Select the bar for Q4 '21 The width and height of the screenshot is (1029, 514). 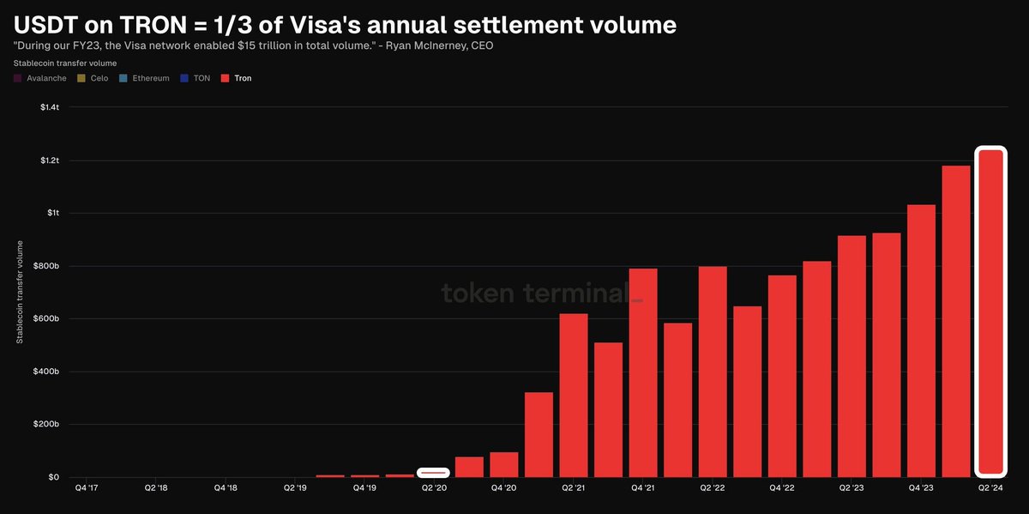(x=643, y=373)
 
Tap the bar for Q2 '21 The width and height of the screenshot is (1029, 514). (x=574, y=396)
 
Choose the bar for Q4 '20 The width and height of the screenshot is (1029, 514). (x=504, y=464)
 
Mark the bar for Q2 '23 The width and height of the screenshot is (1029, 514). (x=851, y=356)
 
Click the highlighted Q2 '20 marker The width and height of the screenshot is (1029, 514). (x=433, y=472)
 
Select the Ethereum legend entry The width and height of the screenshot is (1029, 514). (x=146, y=78)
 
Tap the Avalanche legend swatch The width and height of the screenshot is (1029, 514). (x=18, y=78)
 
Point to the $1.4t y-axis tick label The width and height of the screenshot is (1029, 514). (x=48, y=107)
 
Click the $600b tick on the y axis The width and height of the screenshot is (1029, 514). (x=45, y=318)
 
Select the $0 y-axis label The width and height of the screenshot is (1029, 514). (x=53, y=477)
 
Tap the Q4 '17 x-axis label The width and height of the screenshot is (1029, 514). (x=87, y=488)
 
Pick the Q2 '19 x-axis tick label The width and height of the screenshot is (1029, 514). (x=295, y=488)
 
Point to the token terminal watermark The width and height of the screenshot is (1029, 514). (x=540, y=293)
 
